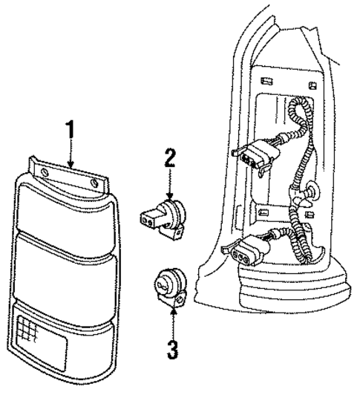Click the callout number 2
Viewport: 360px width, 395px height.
coord(169,157)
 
